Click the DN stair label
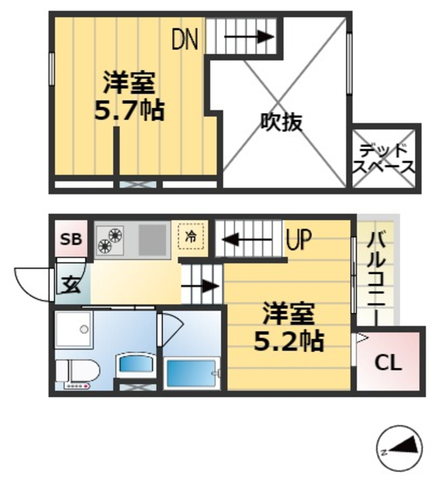(x=185, y=39)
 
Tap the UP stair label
(x=298, y=240)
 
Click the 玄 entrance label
(x=70, y=285)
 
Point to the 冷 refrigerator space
(x=191, y=237)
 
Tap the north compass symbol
(x=401, y=448)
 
